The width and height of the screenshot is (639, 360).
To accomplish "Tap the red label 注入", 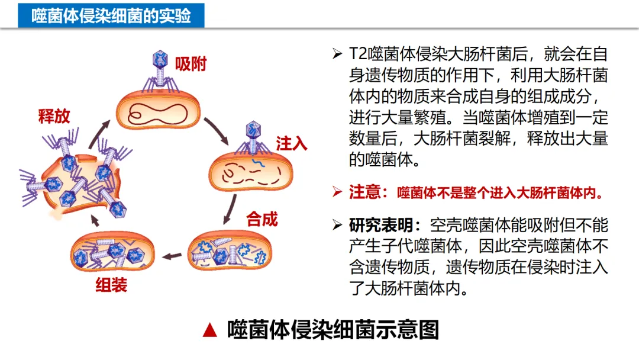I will (291, 143).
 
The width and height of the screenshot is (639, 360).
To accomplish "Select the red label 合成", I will (262, 219).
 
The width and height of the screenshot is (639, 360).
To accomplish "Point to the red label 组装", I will (111, 285).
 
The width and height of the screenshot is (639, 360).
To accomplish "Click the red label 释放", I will (54, 115).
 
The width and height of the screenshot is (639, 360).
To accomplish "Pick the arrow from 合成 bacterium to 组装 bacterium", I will (172, 256).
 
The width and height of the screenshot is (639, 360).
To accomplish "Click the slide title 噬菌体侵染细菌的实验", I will (111, 15).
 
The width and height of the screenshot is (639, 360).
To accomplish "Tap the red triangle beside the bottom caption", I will (209, 330).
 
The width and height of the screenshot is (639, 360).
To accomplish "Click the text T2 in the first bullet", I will (358, 54).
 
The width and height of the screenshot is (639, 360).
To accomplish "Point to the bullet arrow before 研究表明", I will (337, 226).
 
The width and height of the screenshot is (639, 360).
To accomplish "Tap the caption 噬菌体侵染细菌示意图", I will (333, 330).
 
